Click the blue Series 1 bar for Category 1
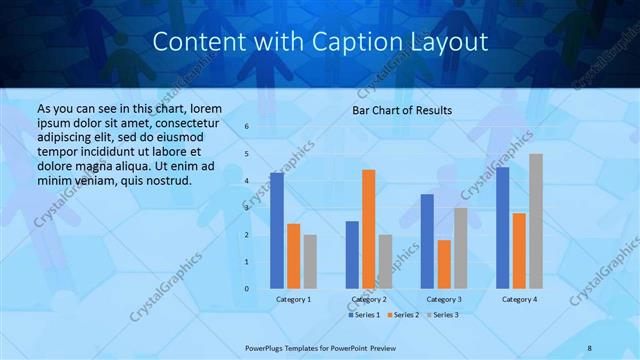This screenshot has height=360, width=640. [x=276, y=231]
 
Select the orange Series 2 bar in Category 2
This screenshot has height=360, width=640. [x=368, y=229]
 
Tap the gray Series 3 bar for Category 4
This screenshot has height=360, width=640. [x=536, y=221]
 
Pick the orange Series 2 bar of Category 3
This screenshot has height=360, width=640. [x=443, y=264]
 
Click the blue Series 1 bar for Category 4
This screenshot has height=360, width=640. [x=502, y=228]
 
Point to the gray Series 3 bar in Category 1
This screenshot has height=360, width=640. [x=310, y=262]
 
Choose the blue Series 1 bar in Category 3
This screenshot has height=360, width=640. [x=427, y=241]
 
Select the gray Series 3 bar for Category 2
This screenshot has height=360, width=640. [x=385, y=262]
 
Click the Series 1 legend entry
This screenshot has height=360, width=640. [x=364, y=315]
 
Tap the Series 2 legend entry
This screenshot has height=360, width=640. [x=405, y=315]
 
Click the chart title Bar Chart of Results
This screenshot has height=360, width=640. [x=402, y=110]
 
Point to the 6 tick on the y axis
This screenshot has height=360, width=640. [x=247, y=127]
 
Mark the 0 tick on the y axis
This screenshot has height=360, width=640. [x=247, y=289]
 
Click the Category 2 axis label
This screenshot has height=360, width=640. [x=368, y=299]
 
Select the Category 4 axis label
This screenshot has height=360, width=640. [x=519, y=299]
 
